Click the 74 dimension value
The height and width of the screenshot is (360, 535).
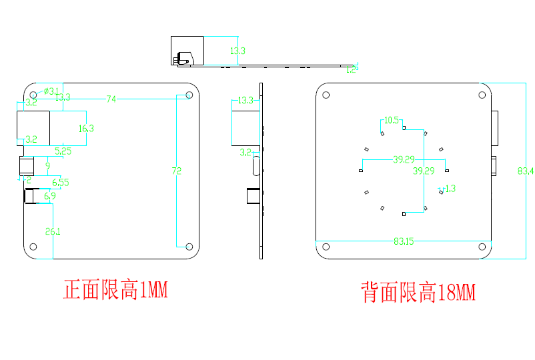coord(111,99)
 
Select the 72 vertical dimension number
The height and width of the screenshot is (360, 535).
coord(177,171)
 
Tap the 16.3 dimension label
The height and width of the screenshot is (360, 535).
coord(86,128)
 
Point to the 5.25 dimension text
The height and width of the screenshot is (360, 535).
coord(63,151)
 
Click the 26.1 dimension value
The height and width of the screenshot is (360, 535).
coord(53,231)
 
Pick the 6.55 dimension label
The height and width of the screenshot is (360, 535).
coord(60,182)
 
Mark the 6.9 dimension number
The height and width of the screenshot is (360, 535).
coord(50,196)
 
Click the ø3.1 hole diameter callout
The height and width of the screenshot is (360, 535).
coord(51,91)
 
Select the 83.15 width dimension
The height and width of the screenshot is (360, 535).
coord(404,241)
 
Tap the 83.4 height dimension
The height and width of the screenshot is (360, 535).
coord(526,171)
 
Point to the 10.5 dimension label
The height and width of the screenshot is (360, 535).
coord(392,121)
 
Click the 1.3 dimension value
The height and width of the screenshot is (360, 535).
coord(449,189)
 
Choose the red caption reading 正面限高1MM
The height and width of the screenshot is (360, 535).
coord(115,291)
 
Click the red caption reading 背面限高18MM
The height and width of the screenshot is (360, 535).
coord(419,292)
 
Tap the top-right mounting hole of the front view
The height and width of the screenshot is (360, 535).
coord(189,95)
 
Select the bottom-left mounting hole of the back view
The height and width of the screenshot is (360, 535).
coord(326,247)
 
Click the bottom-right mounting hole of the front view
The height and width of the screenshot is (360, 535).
coord(189,247)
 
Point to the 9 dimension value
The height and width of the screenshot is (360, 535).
coord(47,165)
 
